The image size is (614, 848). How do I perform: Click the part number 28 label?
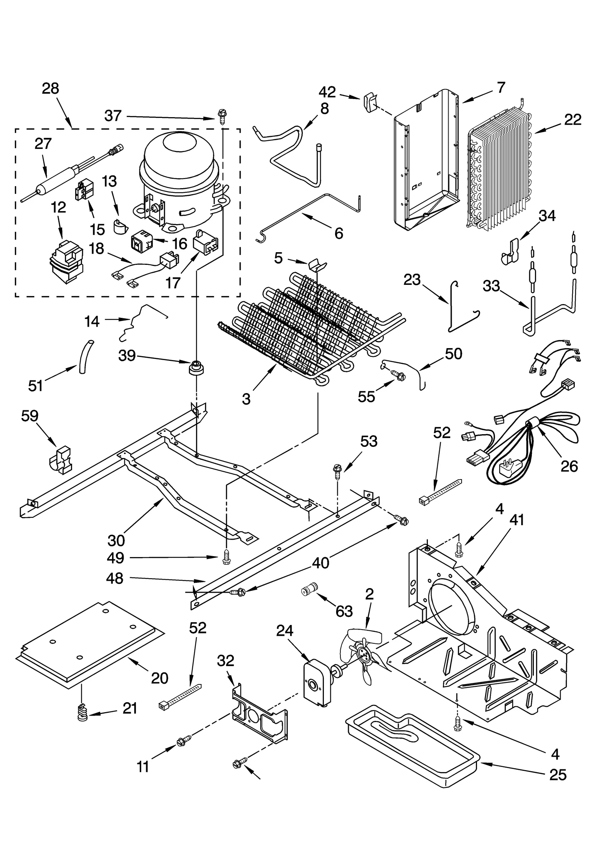[50, 89]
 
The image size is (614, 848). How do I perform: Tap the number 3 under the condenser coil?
[246, 399]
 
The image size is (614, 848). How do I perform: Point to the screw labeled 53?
[337, 471]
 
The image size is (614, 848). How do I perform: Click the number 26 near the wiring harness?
[569, 466]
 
